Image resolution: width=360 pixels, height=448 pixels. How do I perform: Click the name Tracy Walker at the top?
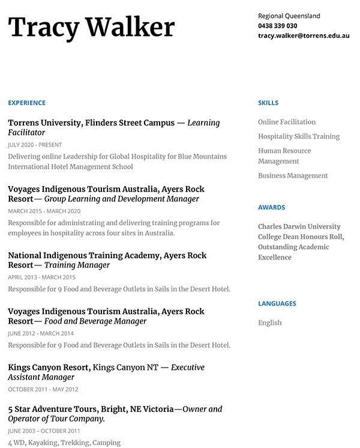91,28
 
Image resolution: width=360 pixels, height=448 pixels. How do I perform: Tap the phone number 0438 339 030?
277,26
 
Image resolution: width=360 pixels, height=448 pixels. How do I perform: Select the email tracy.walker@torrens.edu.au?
304,36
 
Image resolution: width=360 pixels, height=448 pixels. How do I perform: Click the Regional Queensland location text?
289,16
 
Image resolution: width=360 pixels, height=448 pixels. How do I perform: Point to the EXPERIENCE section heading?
26,103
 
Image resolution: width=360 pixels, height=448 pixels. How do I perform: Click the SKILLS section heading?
268,103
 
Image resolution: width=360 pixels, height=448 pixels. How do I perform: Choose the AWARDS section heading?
271,207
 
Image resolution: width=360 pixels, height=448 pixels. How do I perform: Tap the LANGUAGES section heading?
277,303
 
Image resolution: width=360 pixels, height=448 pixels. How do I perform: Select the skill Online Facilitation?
287,122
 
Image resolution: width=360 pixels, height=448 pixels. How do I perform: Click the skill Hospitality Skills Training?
299,136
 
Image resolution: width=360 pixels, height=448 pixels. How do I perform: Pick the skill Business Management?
293,176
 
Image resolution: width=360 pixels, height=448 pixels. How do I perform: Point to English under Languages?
269,322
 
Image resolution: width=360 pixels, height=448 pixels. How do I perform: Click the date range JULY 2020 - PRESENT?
35,145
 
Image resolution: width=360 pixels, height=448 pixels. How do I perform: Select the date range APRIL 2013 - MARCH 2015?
41,277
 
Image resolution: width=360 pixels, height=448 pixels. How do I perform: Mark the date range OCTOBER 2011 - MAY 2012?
43,389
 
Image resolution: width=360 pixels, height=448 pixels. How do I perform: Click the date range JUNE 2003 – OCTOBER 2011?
44,431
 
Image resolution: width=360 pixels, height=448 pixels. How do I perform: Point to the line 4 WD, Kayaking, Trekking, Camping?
64,443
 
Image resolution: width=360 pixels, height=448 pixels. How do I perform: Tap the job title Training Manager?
77,265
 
